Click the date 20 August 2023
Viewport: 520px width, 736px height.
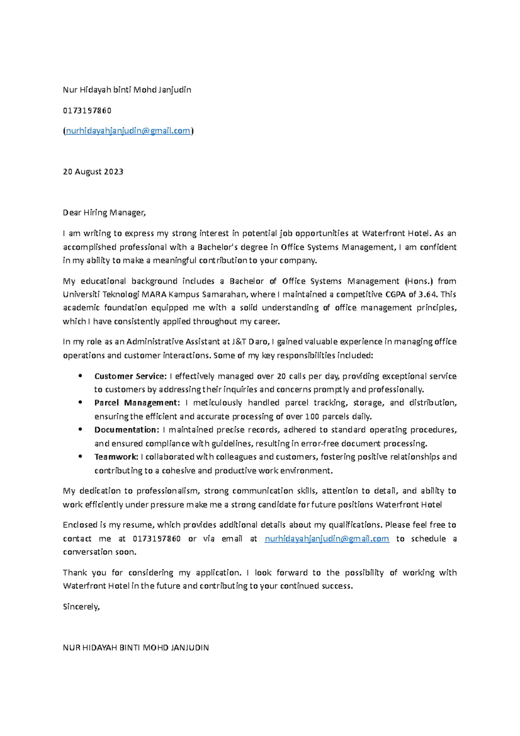pos(93,172)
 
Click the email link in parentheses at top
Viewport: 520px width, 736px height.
pos(128,131)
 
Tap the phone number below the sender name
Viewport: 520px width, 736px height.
pos(87,111)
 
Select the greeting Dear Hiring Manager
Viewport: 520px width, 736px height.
pos(104,213)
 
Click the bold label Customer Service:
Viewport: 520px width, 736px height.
pos(130,376)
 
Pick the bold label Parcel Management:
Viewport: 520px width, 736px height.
pos(136,403)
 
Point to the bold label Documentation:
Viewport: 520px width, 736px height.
pos(127,430)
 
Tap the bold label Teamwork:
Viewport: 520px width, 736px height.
pos(116,457)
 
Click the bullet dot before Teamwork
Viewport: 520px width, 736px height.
pos(80,456)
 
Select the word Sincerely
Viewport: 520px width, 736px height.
pos(81,607)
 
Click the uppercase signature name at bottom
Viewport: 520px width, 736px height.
pos(136,648)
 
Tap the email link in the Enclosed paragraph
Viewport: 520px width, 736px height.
pos(327,539)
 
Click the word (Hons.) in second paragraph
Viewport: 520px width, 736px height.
pos(418,281)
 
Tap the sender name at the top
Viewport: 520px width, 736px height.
pos(127,90)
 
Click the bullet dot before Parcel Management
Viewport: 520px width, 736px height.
pos(80,402)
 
